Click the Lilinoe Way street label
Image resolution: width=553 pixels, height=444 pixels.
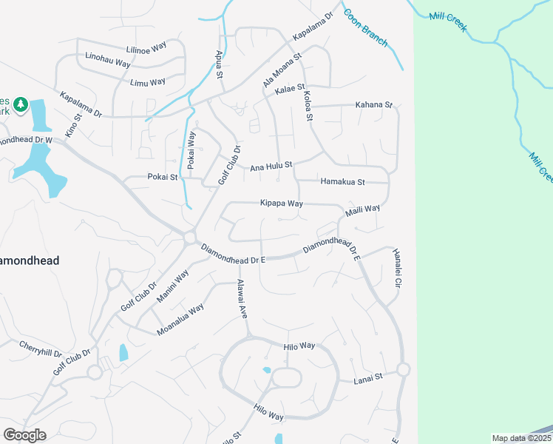click(147, 49)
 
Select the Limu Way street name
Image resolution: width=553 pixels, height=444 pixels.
click(147, 81)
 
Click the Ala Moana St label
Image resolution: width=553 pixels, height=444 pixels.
click(282, 70)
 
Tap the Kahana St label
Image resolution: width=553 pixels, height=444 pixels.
click(374, 105)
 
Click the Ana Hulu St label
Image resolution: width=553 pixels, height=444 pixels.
click(271, 166)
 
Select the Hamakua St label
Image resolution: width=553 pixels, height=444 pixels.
click(342, 181)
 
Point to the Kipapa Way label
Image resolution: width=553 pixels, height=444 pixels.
click(281, 203)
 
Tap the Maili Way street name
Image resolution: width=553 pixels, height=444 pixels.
click(362, 211)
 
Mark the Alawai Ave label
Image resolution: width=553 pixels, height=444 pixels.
click(242, 299)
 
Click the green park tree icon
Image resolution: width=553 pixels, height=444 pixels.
click(21, 104)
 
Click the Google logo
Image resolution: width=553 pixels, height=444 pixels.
click(24, 434)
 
